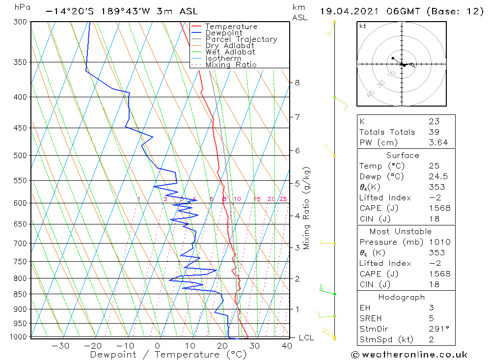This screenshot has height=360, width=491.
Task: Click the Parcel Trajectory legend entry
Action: coord(241,39)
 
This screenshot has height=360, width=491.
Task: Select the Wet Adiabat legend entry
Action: coord(230,52)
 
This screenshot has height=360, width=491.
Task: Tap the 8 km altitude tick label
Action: coord(297,83)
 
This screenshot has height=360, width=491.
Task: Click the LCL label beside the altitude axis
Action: coord(306,338)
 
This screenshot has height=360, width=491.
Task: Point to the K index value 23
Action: coord(434,121)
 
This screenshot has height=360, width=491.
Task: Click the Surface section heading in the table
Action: coord(403,156)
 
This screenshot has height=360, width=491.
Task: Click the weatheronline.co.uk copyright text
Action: coord(409,355)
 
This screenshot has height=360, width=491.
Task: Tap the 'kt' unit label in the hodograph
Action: coord(362,26)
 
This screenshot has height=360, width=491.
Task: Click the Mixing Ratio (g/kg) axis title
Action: coord(306,208)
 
